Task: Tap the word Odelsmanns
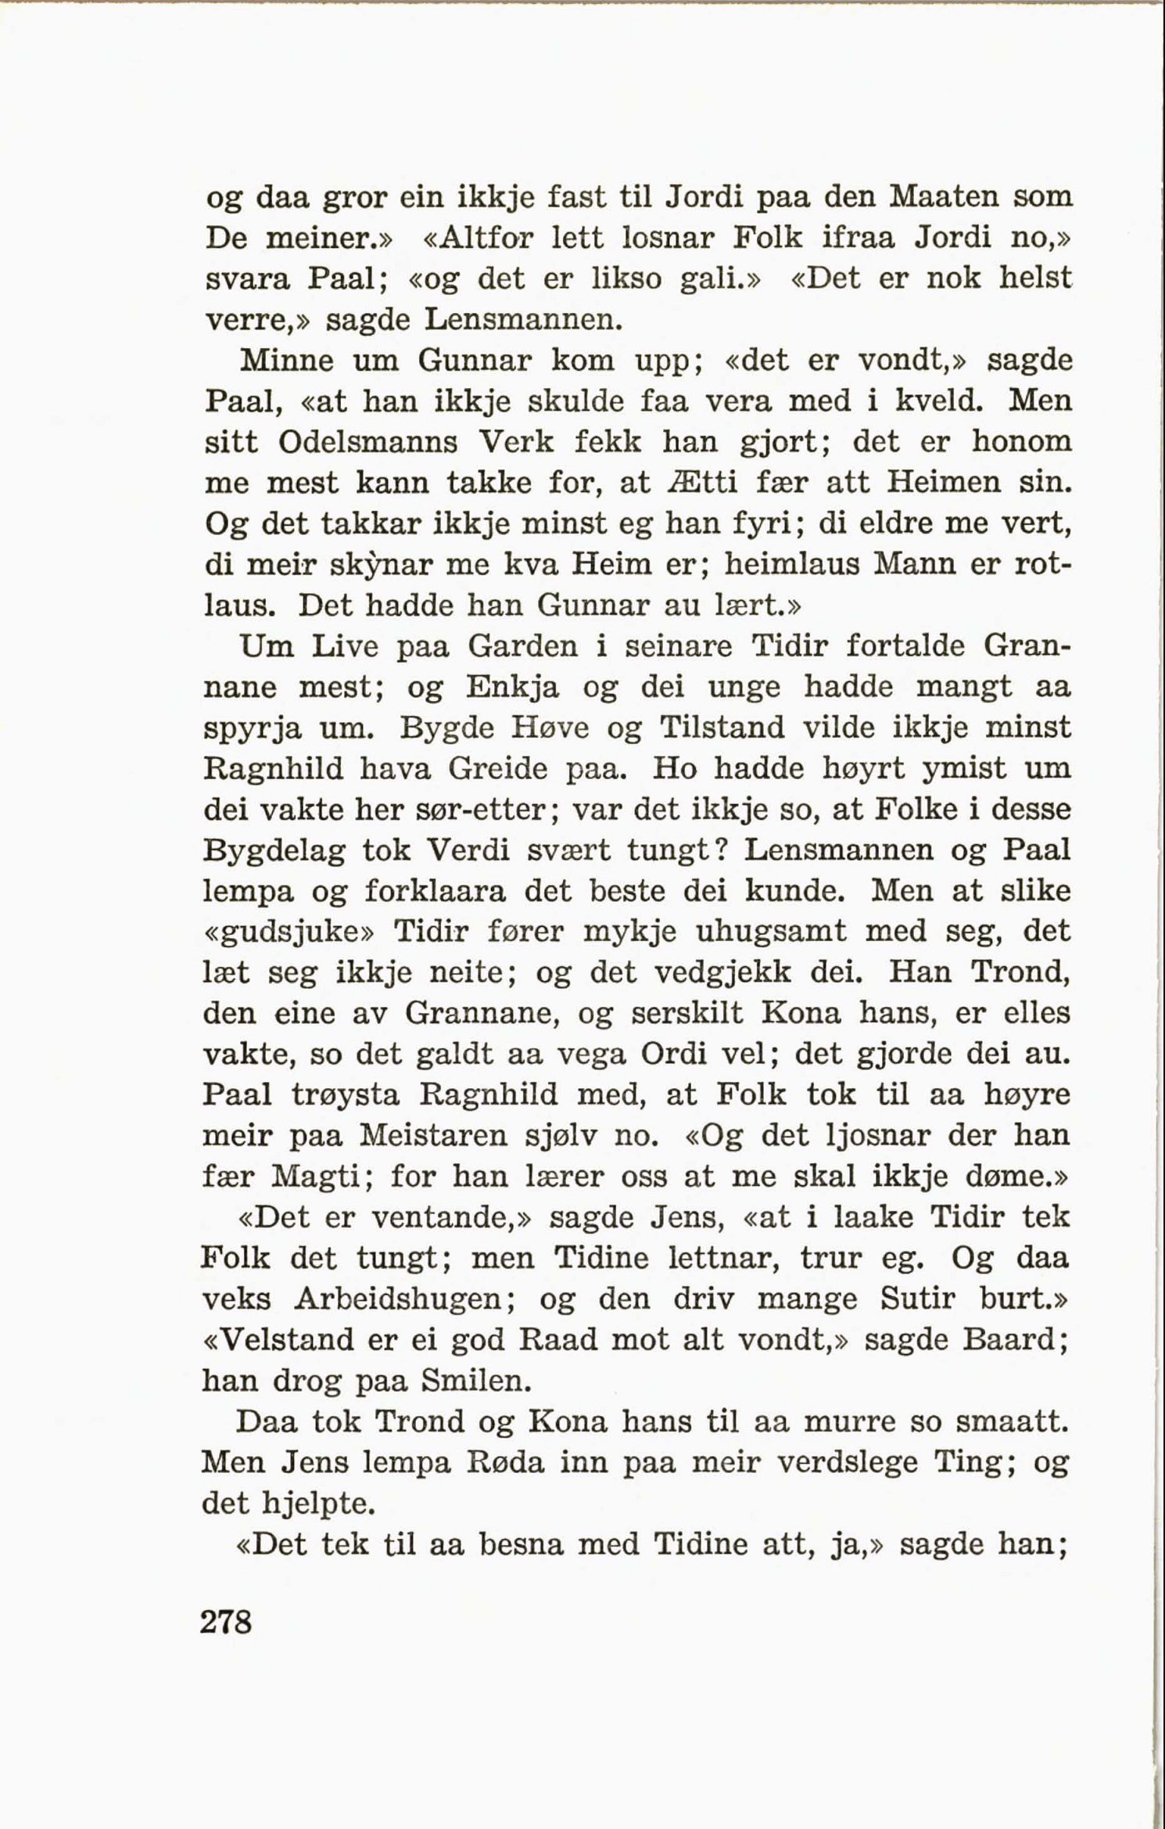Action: click(x=367, y=443)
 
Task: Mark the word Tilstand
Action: click(x=722, y=728)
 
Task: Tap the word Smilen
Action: click(x=475, y=1382)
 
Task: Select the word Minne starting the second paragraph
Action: click(x=287, y=361)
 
